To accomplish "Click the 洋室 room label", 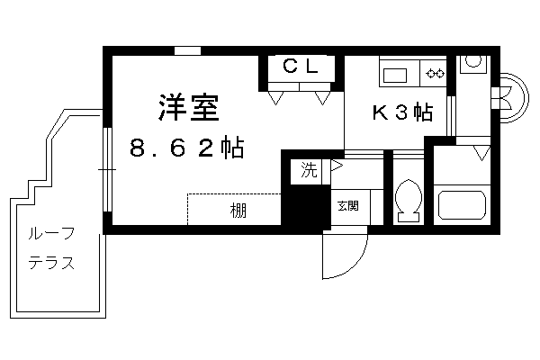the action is [189, 107].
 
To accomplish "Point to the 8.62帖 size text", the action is [187, 148].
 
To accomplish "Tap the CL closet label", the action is [301, 66].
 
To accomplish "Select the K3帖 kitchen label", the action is [402, 112].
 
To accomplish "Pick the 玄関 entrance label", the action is [347, 206].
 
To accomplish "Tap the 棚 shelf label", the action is [238, 211].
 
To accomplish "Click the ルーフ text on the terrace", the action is [51, 234].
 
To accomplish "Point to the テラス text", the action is [51, 264].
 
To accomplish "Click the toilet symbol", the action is [409, 202].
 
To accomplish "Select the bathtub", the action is [462, 206].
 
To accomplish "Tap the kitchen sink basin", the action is [395, 76].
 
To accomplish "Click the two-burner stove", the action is [435, 74].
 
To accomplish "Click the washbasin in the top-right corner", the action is [473, 63].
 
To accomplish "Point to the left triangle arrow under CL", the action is [275, 98].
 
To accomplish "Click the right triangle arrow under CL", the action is [322, 98].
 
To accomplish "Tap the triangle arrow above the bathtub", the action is [481, 153].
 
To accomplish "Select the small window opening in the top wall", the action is [187, 50].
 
